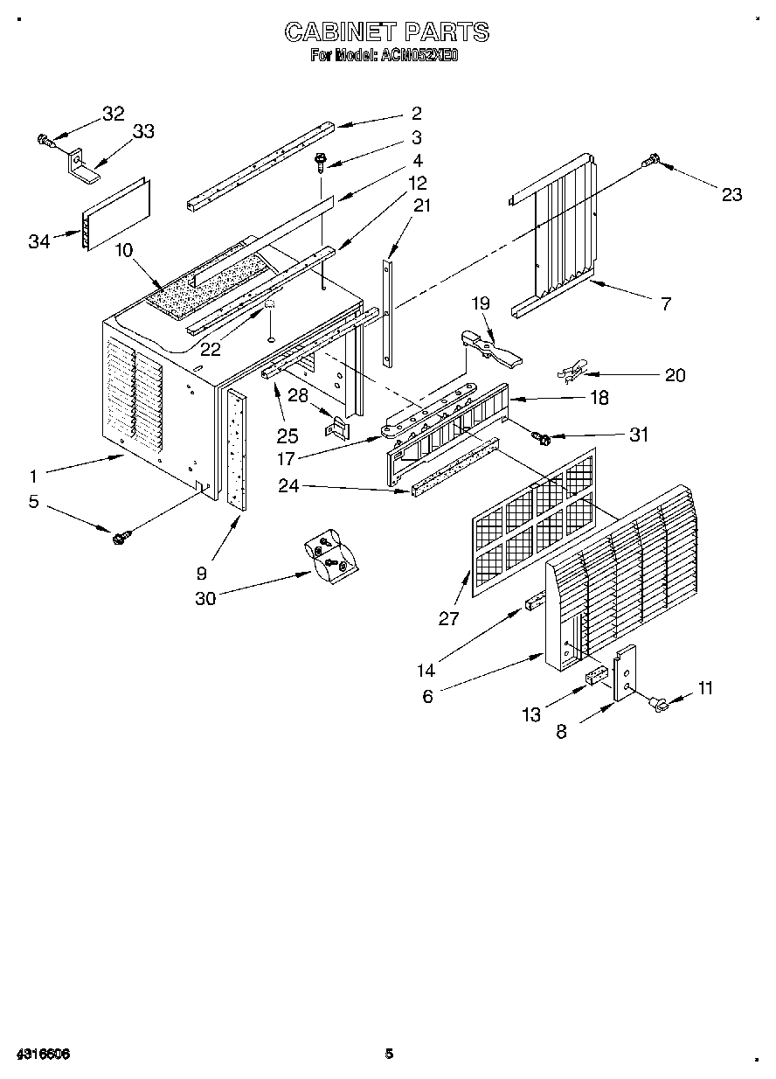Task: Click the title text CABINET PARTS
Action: click(387, 32)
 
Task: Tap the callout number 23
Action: click(731, 194)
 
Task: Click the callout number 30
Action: click(205, 597)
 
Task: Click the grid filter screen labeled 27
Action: click(533, 522)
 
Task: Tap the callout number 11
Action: click(705, 688)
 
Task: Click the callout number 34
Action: click(38, 242)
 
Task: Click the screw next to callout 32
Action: click(45, 138)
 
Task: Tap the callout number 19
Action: click(482, 303)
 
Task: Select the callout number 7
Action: click(666, 304)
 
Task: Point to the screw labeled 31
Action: click(541, 435)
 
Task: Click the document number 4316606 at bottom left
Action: click(42, 1054)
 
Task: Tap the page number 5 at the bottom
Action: click(390, 1054)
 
